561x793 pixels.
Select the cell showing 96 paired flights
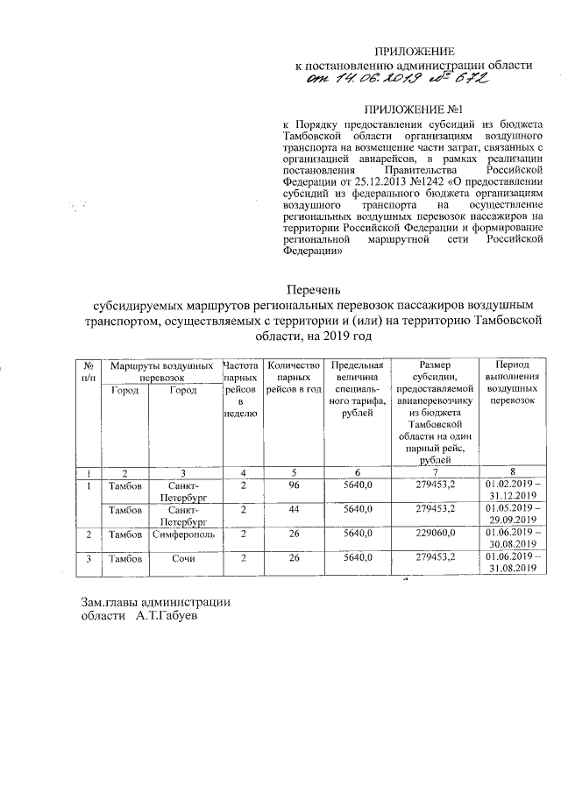(295, 484)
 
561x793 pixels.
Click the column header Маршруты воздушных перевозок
(157, 369)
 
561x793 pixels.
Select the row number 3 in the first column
(89, 557)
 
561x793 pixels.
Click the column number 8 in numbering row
(513, 472)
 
